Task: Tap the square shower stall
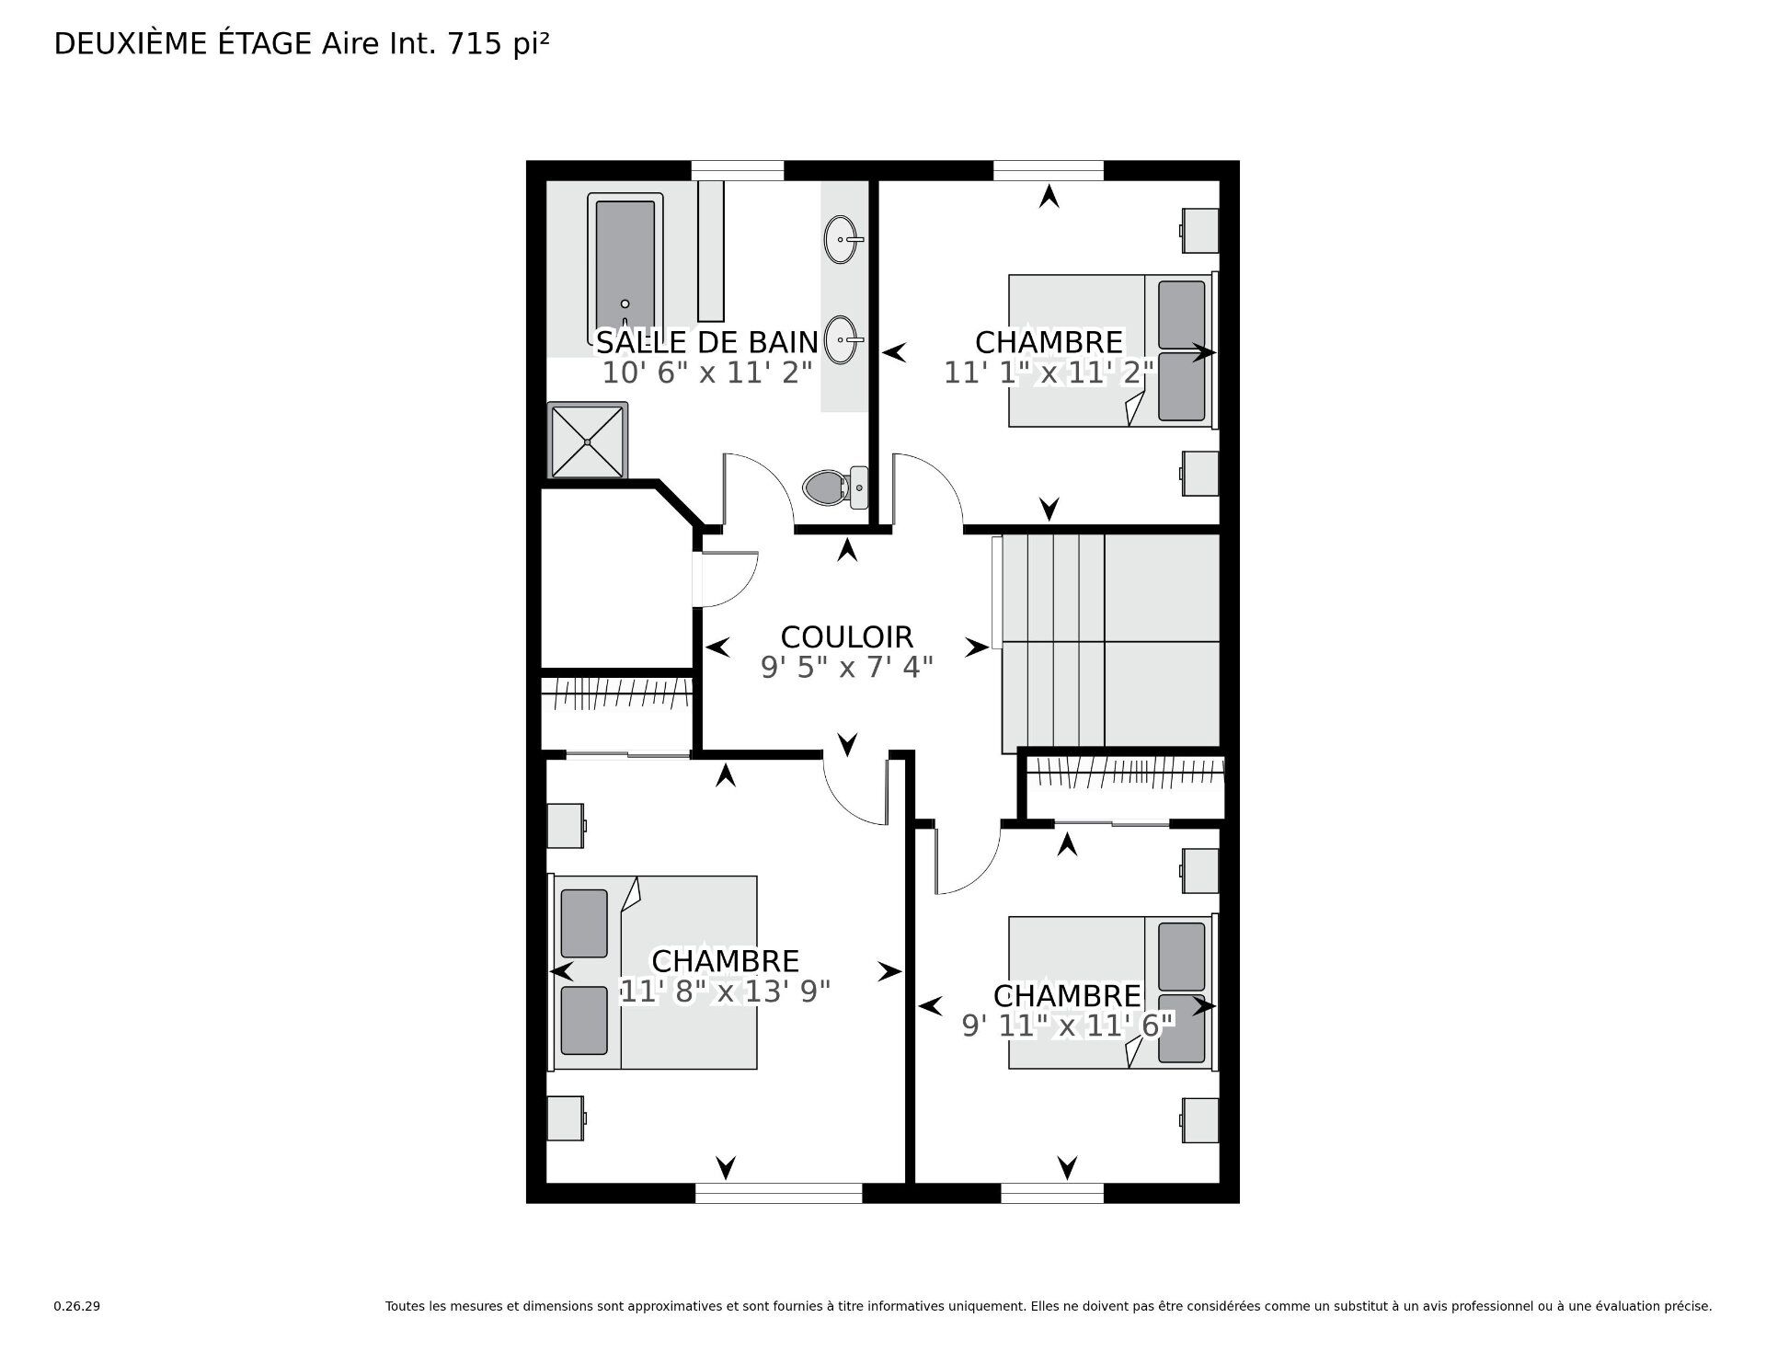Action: pyautogui.click(x=588, y=441)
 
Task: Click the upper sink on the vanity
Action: pyautogui.click(x=843, y=239)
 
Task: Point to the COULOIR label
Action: pyautogui.click(x=846, y=636)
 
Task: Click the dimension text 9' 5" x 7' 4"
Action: pyautogui.click(x=846, y=668)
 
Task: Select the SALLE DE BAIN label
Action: pyautogui.click(x=706, y=342)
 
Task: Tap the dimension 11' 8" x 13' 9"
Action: pyautogui.click(x=725, y=991)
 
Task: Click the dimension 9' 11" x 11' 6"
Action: pyautogui.click(x=1067, y=1026)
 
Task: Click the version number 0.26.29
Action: pyautogui.click(x=76, y=1332)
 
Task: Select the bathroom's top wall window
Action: pyautogui.click(x=737, y=170)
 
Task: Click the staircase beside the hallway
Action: pyautogui.click(x=1108, y=641)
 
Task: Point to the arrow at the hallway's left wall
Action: pyautogui.click(x=717, y=648)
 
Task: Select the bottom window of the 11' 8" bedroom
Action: pyautogui.click(x=778, y=1193)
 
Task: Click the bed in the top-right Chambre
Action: pyautogui.click(x=1111, y=350)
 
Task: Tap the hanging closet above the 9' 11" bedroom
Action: pyautogui.click(x=1124, y=785)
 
